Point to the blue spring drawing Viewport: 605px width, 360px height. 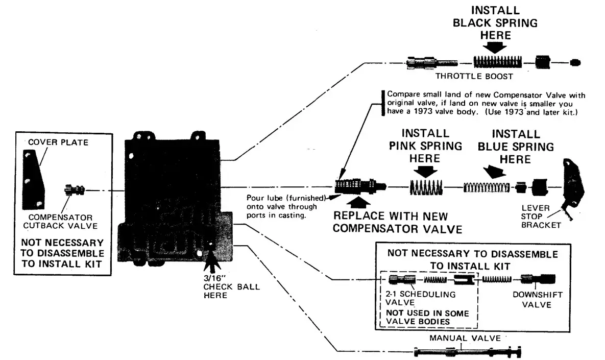[x=486, y=187]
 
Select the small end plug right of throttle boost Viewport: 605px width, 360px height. [x=575, y=63]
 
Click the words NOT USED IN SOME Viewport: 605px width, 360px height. [x=427, y=313]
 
